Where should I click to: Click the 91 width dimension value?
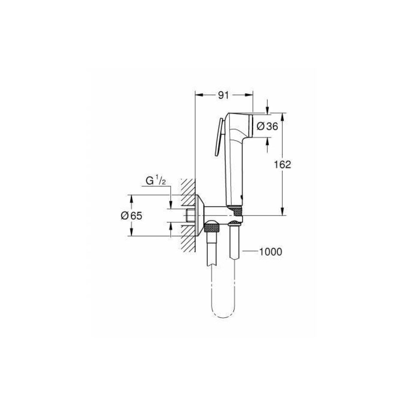pyautogui.click(x=224, y=96)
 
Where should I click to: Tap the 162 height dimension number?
pyautogui.click(x=283, y=164)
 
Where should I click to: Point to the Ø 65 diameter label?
pyautogui.click(x=132, y=216)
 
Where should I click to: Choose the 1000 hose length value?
pyautogui.click(x=271, y=252)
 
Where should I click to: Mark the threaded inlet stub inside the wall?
pyautogui.click(x=189, y=215)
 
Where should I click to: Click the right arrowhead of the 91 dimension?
pyautogui.click(x=250, y=96)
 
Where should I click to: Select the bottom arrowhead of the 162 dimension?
pyautogui.click(x=283, y=212)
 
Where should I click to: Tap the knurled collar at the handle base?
pyautogui.click(x=235, y=210)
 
